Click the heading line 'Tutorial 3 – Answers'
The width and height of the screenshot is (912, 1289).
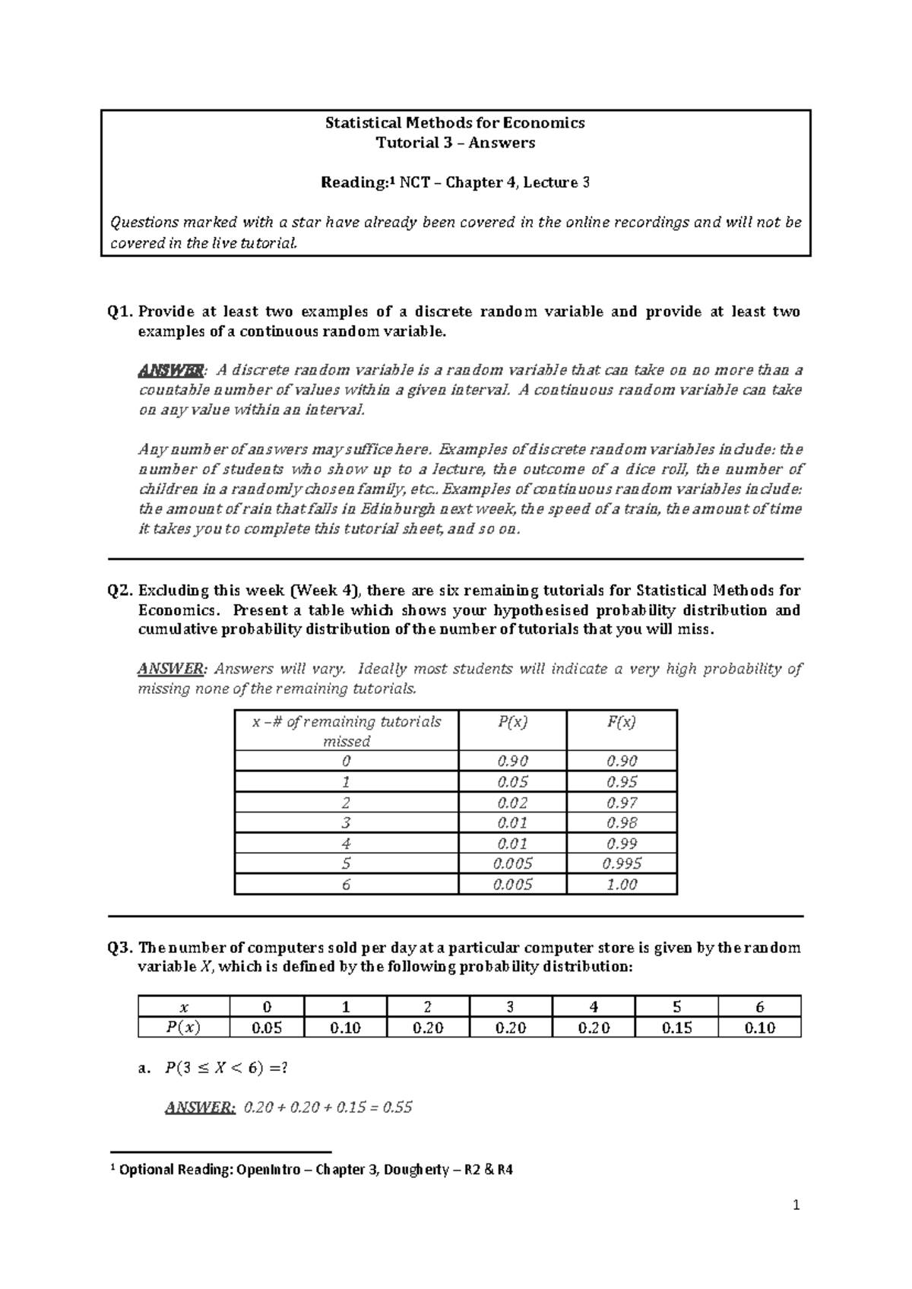[x=455, y=143]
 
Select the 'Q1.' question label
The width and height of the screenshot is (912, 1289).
[x=122, y=312]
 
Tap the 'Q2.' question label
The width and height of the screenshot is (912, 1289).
[x=122, y=591]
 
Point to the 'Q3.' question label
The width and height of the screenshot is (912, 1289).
[x=122, y=948]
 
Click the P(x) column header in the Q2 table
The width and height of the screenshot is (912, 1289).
[x=512, y=722]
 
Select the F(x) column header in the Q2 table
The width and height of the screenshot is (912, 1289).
[x=621, y=722]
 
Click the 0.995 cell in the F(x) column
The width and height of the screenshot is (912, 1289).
[x=621, y=863]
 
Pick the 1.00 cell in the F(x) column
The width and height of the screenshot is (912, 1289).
[x=621, y=884]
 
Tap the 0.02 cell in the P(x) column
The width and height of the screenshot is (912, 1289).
[x=512, y=803]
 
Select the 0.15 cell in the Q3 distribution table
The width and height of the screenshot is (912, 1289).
[x=676, y=1028]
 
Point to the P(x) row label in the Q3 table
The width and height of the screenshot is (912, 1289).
[x=183, y=1028]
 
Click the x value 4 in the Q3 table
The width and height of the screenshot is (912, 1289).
[x=593, y=1007]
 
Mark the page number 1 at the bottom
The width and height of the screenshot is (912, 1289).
[x=796, y=1205]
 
